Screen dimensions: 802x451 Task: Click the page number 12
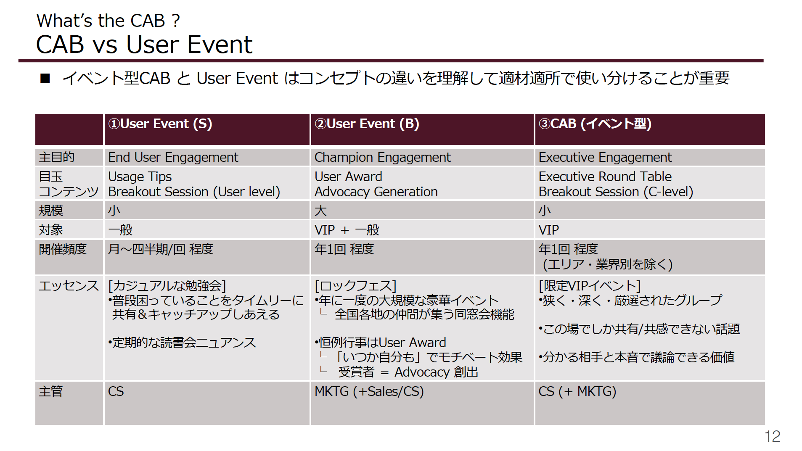pyautogui.click(x=772, y=436)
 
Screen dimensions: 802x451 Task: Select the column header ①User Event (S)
pyautogui.click(x=160, y=124)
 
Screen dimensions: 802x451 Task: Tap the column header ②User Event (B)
pyautogui.click(x=367, y=124)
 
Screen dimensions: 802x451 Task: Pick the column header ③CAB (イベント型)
pyautogui.click(x=595, y=124)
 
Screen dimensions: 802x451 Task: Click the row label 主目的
pyautogui.click(x=57, y=157)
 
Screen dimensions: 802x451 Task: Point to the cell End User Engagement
pyautogui.click(x=173, y=157)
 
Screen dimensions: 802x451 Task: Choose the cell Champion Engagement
pyautogui.click(x=383, y=157)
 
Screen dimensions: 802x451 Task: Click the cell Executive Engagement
pyautogui.click(x=605, y=157)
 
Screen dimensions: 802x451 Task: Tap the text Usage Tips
pyautogui.click(x=140, y=177)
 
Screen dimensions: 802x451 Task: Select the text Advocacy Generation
pyautogui.click(x=376, y=192)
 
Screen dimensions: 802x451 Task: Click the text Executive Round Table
pyautogui.click(x=605, y=177)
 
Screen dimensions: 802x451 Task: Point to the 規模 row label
pyautogui.click(x=51, y=210)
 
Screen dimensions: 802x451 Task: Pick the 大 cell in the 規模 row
pyautogui.click(x=320, y=210)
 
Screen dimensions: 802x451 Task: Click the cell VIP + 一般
pyautogui.click(x=347, y=230)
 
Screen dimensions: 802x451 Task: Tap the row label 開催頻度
pyautogui.click(x=63, y=249)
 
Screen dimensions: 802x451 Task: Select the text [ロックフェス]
pyautogui.click(x=356, y=286)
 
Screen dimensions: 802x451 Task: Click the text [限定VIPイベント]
pyautogui.click(x=590, y=286)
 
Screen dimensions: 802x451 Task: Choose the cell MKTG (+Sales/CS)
pyautogui.click(x=369, y=391)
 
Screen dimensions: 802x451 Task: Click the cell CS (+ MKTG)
pyautogui.click(x=577, y=391)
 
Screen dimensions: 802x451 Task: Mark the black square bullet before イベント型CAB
pyautogui.click(x=45, y=78)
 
